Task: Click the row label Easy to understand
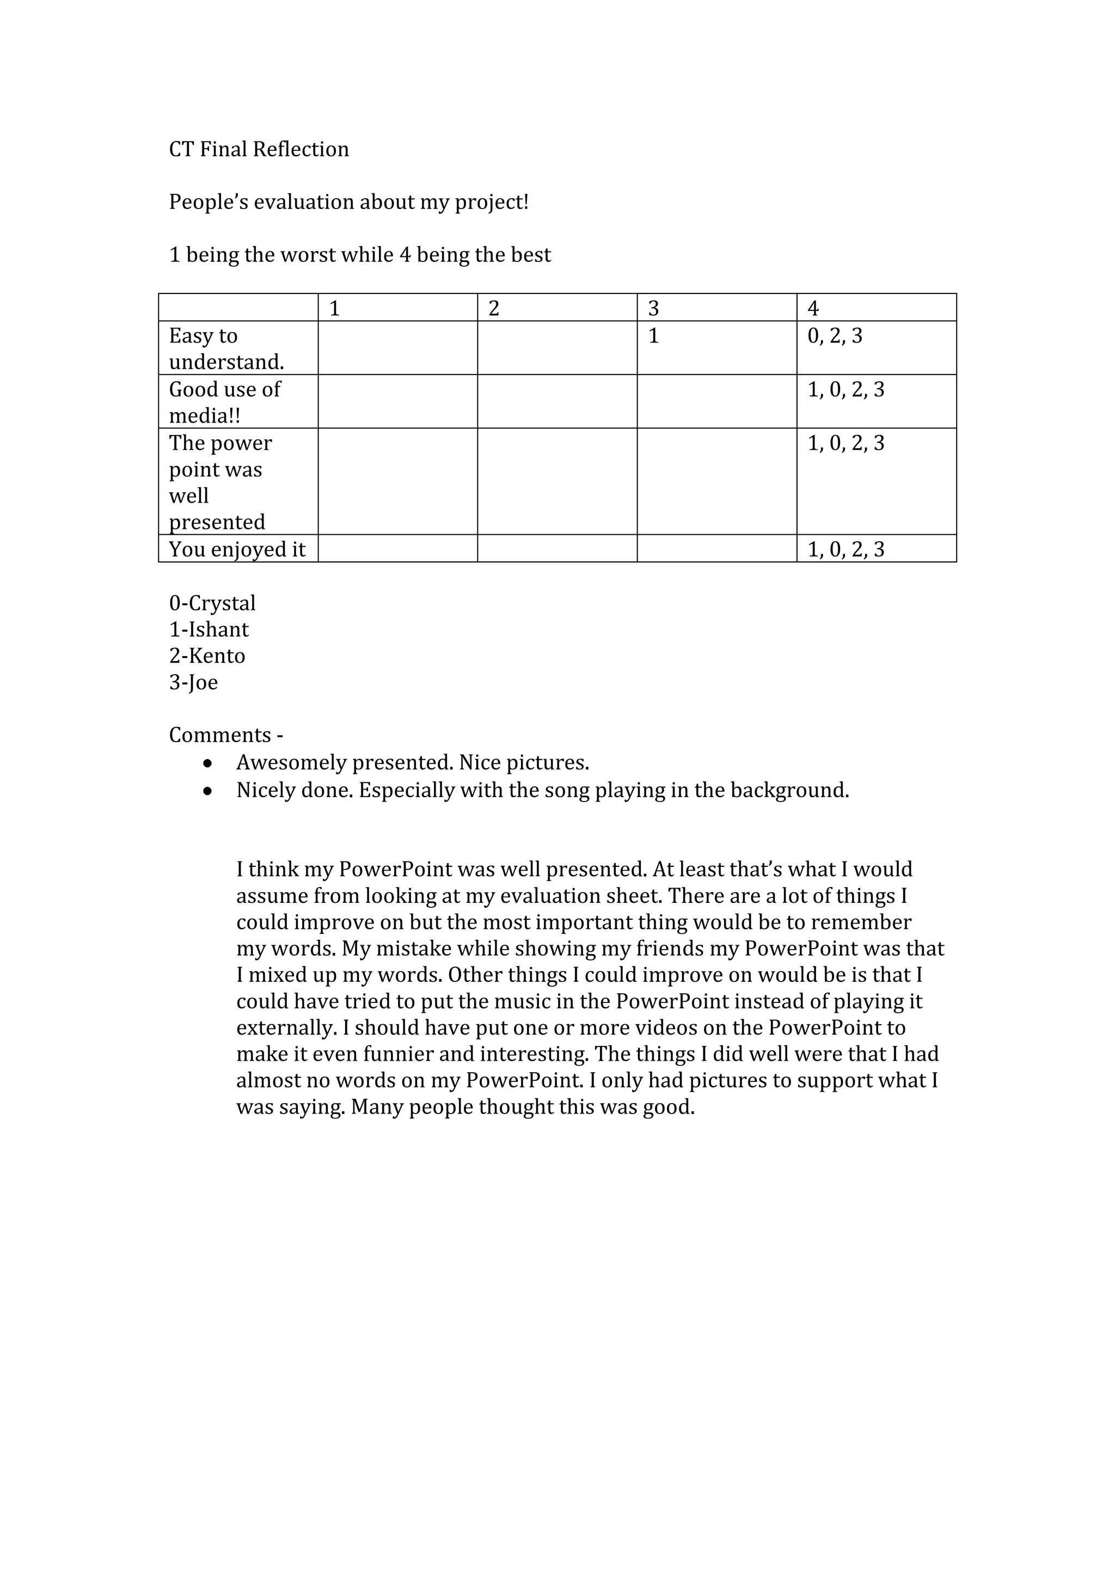point(226,348)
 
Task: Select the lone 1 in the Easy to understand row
point(653,336)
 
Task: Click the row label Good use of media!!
point(225,402)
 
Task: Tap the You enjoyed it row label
point(237,549)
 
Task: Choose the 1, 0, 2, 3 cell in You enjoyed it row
point(846,549)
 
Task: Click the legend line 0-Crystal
point(212,603)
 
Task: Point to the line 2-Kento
point(207,656)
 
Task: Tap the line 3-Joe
point(193,682)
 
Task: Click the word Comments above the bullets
point(220,736)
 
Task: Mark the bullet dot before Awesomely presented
point(207,763)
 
